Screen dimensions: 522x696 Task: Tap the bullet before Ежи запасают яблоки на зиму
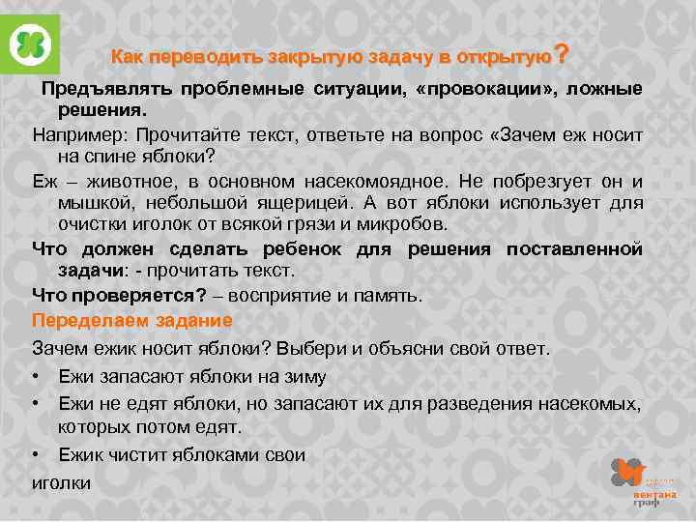coord(38,376)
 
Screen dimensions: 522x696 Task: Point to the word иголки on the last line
coord(60,481)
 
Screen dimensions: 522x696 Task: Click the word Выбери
coord(322,347)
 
